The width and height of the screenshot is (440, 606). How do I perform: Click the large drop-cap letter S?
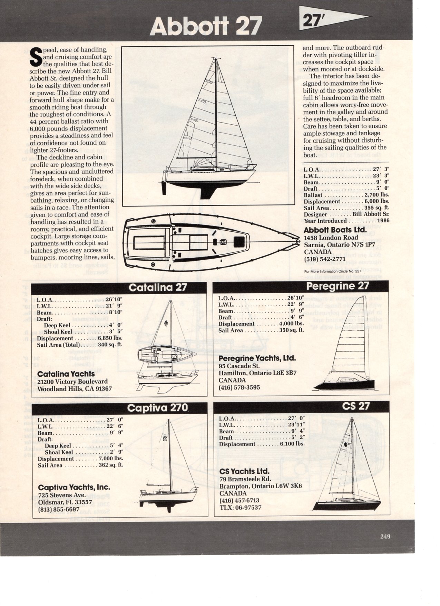click(x=36, y=57)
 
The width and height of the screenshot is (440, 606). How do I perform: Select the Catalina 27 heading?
click(x=158, y=288)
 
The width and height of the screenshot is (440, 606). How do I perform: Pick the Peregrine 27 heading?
click(x=337, y=286)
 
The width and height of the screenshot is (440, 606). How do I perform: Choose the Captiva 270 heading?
click(x=157, y=408)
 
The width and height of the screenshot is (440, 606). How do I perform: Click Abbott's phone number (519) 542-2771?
click(x=324, y=259)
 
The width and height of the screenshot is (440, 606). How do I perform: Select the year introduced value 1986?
click(x=383, y=221)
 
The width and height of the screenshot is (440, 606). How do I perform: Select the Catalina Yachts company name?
click(x=66, y=374)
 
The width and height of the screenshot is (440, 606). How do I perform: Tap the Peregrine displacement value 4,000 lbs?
click(x=291, y=324)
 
